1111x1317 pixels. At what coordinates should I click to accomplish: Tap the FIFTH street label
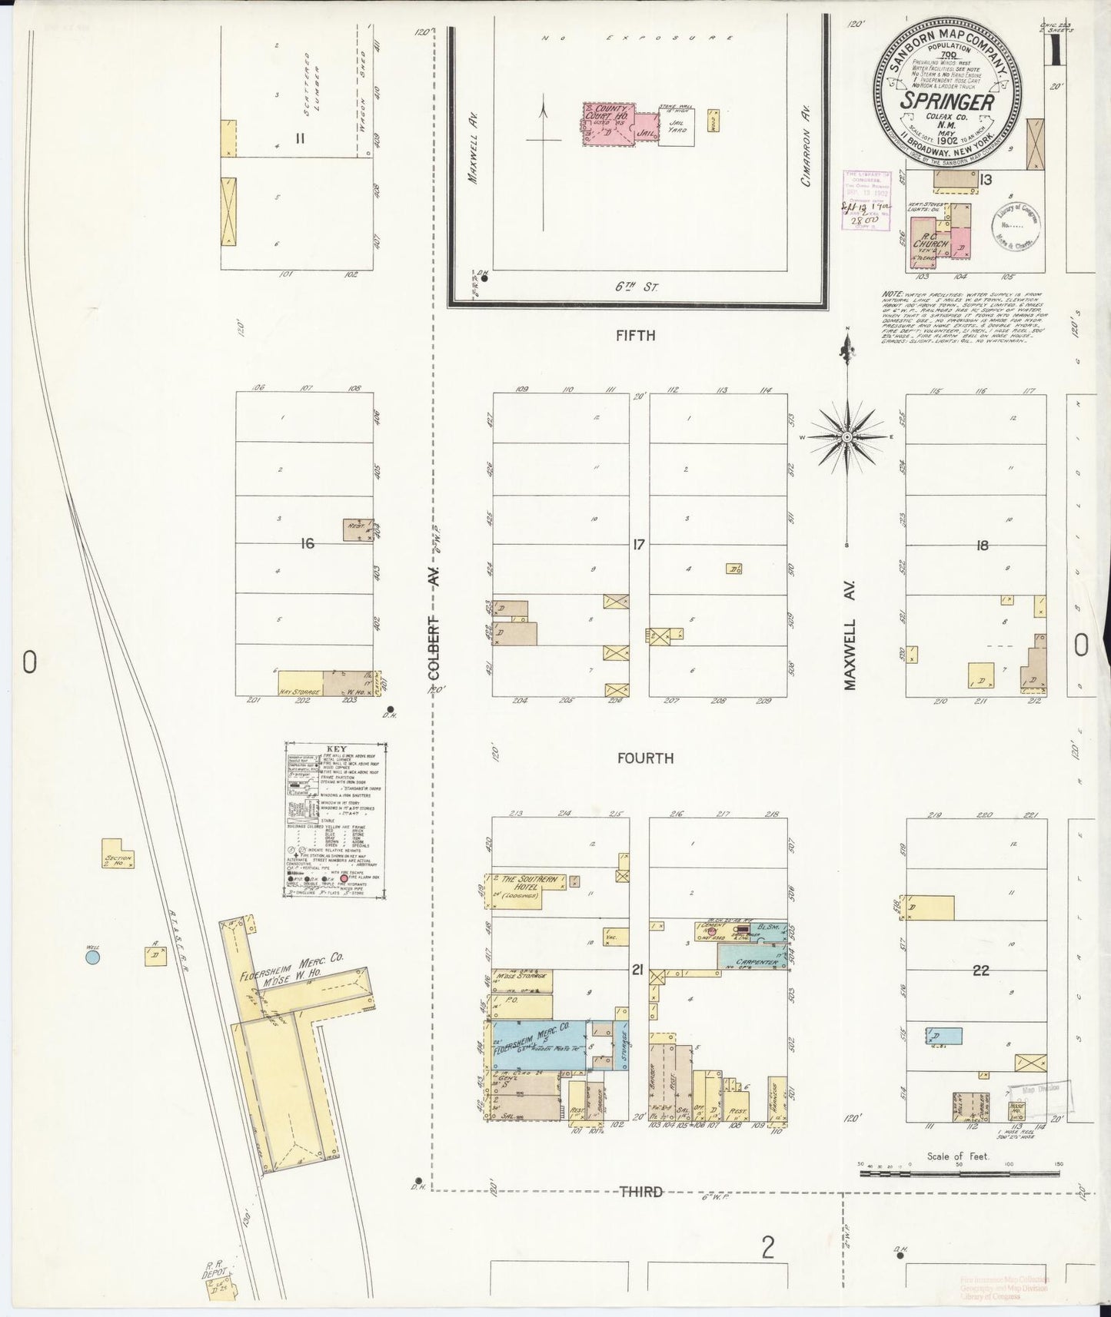tap(635, 336)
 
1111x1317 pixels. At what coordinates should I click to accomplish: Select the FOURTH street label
tap(645, 758)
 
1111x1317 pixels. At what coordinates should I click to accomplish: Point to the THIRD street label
tap(641, 1192)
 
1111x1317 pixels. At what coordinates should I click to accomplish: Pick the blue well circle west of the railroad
tap(92, 957)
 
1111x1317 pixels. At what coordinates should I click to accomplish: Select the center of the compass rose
tap(847, 436)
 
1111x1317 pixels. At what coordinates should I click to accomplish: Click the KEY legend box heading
tap(336, 749)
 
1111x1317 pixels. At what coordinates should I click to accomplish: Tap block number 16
tap(308, 544)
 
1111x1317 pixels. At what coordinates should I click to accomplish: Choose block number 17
tap(638, 545)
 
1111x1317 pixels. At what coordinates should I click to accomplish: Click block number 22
tap(980, 970)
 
